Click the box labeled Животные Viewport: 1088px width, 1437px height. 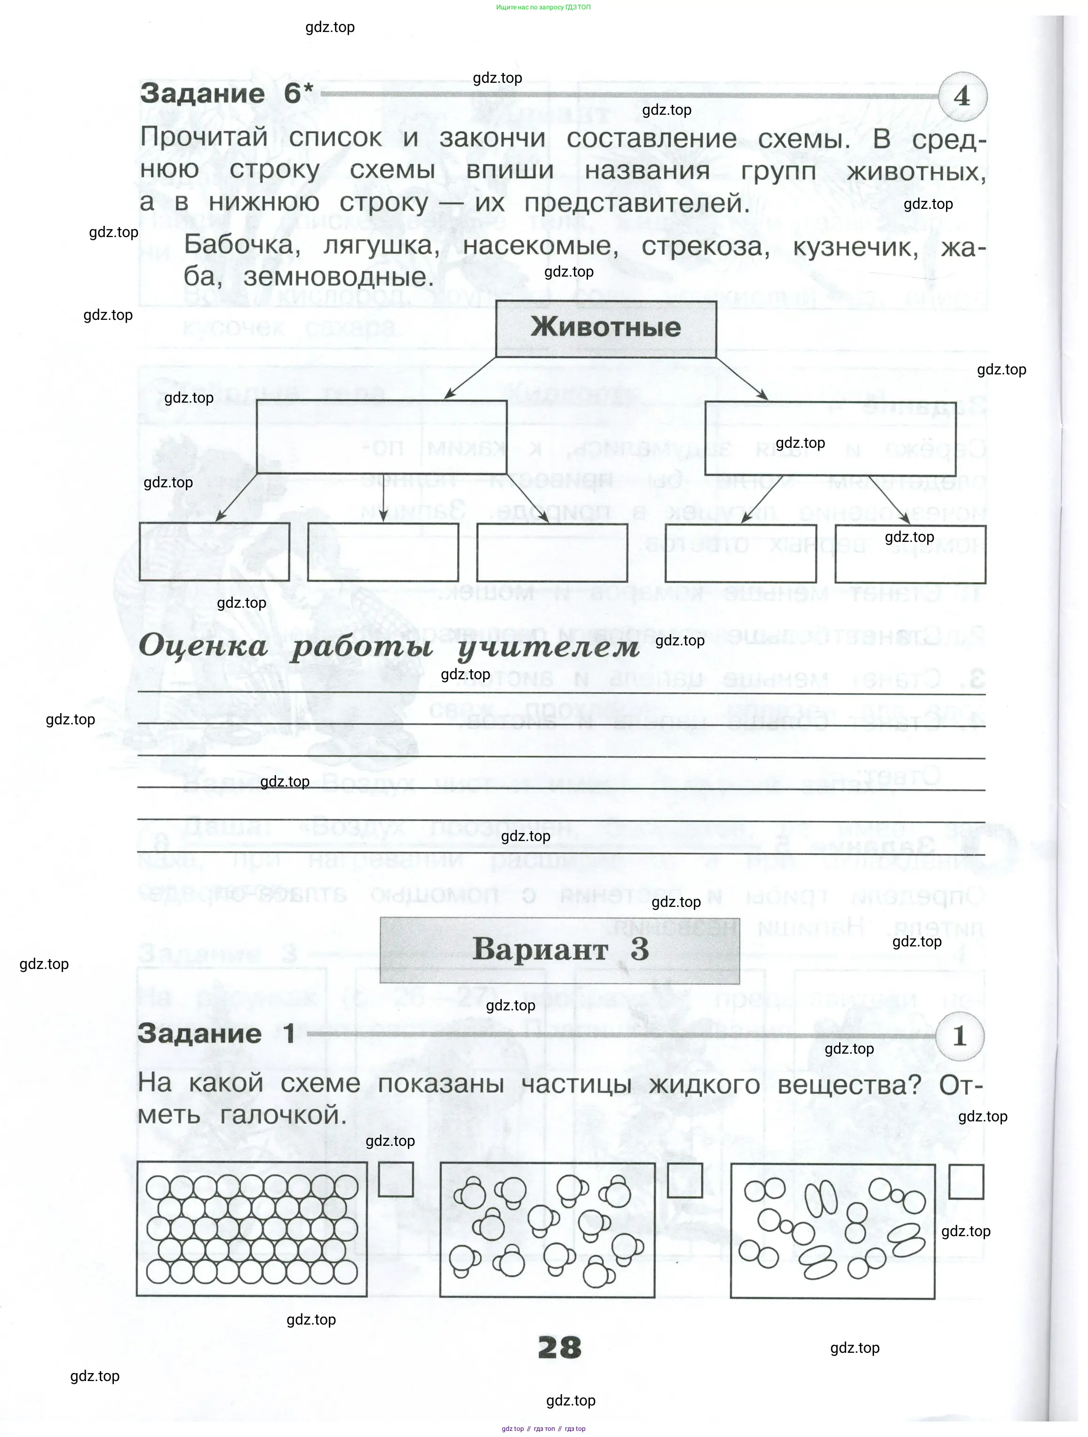point(605,328)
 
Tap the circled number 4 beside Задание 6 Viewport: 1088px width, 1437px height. point(962,97)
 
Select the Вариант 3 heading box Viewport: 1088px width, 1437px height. point(559,950)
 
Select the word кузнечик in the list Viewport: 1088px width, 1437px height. point(856,246)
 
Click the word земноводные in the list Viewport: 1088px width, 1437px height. point(338,278)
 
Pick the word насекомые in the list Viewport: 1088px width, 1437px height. point(540,246)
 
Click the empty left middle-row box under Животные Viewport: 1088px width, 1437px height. point(381,437)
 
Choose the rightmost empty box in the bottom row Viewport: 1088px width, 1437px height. point(910,554)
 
